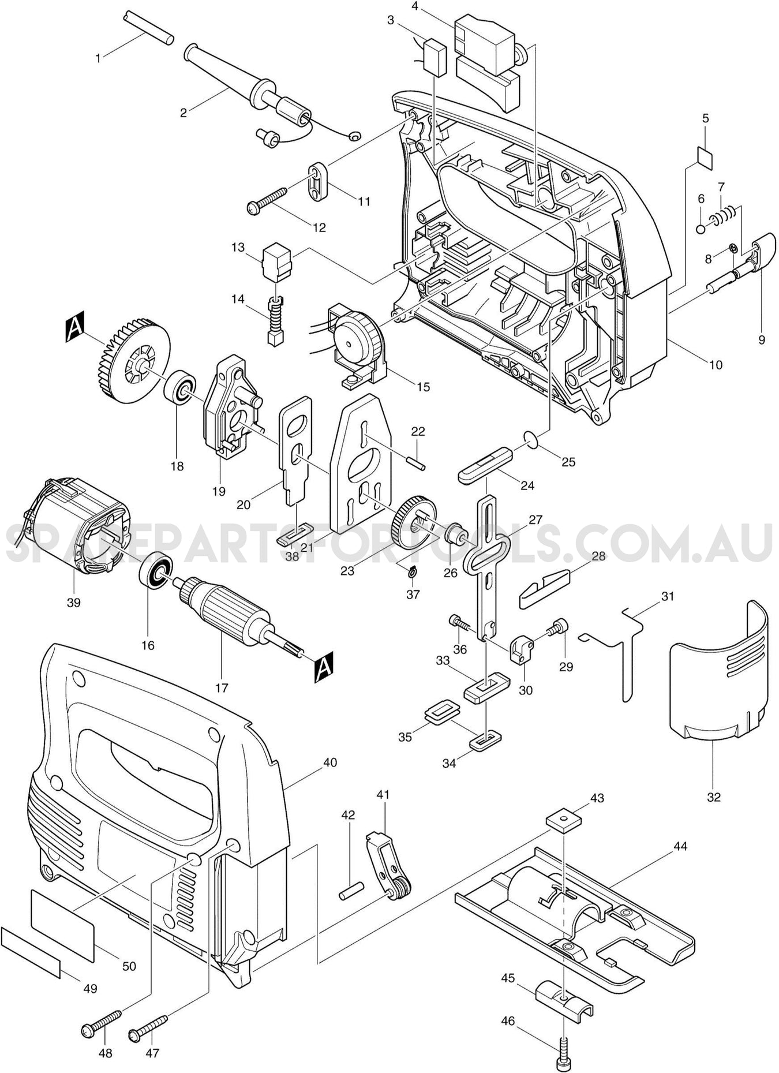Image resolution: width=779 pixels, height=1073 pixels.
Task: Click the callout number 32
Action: (x=714, y=797)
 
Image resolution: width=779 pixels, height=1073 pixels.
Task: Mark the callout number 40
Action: (x=329, y=762)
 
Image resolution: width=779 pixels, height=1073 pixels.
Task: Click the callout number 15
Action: (x=424, y=387)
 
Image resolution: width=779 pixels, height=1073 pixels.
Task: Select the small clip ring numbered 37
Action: (x=411, y=572)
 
